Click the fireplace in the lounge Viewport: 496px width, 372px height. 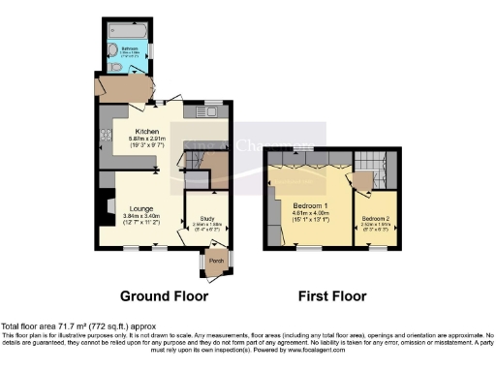coord(100,206)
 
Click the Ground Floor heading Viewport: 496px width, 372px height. coord(159,294)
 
